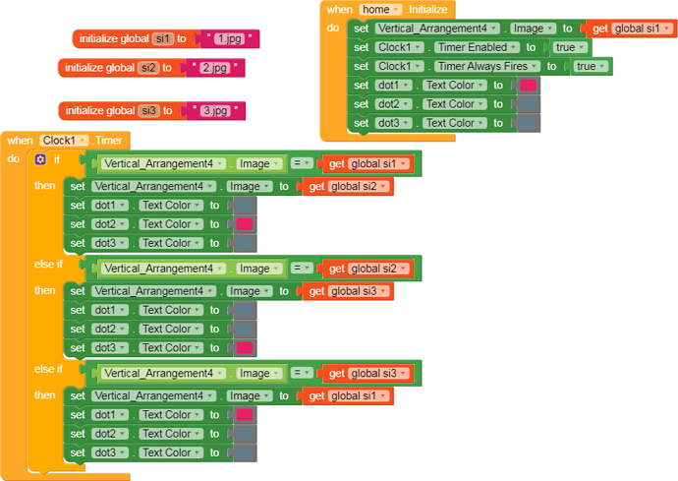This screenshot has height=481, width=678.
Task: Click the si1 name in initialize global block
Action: tap(163, 39)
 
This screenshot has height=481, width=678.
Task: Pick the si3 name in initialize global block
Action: tap(148, 110)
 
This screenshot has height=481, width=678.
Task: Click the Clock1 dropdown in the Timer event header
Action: tap(65, 141)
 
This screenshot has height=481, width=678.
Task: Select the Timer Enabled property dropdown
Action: tap(477, 47)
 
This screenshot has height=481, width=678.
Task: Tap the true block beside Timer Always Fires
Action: tap(591, 66)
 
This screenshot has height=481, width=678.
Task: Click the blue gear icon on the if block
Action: tap(40, 159)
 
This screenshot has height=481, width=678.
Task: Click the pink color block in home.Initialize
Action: tap(529, 85)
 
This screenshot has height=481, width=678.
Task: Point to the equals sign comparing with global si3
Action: tap(303, 373)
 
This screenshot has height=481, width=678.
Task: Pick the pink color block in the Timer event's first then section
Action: tap(245, 224)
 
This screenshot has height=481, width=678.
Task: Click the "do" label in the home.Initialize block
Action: tap(333, 29)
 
